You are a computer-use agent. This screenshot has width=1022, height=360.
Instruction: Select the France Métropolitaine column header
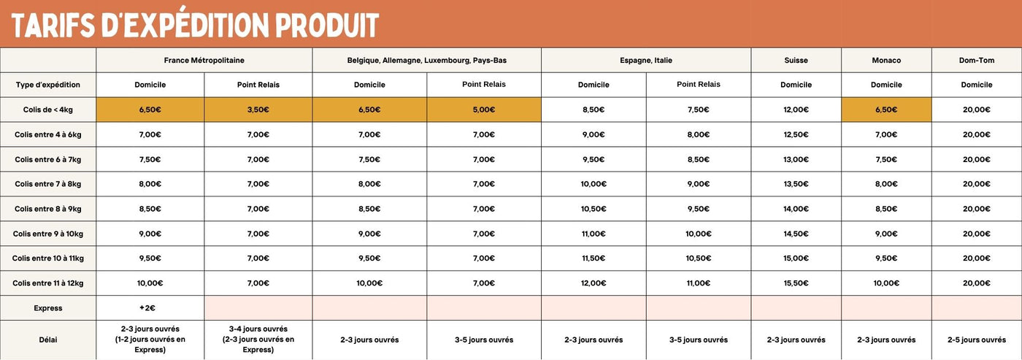coord(204,60)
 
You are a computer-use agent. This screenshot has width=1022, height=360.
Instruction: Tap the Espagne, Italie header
coord(645,60)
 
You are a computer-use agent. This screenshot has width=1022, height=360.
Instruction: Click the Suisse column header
coord(796,60)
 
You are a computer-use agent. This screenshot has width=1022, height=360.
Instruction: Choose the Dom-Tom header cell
coord(976,60)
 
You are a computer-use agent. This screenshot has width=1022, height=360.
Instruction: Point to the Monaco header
coord(886,60)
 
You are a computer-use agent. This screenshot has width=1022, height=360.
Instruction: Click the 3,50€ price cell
coord(258,110)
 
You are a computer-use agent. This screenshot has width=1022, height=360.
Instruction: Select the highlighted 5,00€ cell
coord(483,110)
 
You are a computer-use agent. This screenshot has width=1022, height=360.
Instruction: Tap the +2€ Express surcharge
coord(150,308)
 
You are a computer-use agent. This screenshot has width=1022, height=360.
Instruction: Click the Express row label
coord(48,308)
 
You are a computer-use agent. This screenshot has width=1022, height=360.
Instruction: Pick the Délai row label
coord(48,340)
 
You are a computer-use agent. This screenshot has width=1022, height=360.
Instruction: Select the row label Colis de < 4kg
coord(48,110)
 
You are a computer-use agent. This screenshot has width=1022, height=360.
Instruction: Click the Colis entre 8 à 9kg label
coord(48,209)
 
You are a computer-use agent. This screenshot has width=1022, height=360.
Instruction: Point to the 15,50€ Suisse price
coord(796,283)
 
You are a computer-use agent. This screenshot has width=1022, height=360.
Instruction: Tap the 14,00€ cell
coord(796,209)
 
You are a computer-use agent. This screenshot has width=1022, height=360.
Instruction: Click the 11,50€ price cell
coord(593,258)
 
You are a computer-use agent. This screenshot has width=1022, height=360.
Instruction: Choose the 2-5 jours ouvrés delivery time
coord(976,340)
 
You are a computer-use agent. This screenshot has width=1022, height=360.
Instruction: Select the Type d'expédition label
coord(48,85)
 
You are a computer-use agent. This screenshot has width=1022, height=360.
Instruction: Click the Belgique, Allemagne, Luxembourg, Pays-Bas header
coord(426,60)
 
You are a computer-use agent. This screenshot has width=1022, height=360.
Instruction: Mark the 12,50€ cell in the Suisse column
coord(796,134)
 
